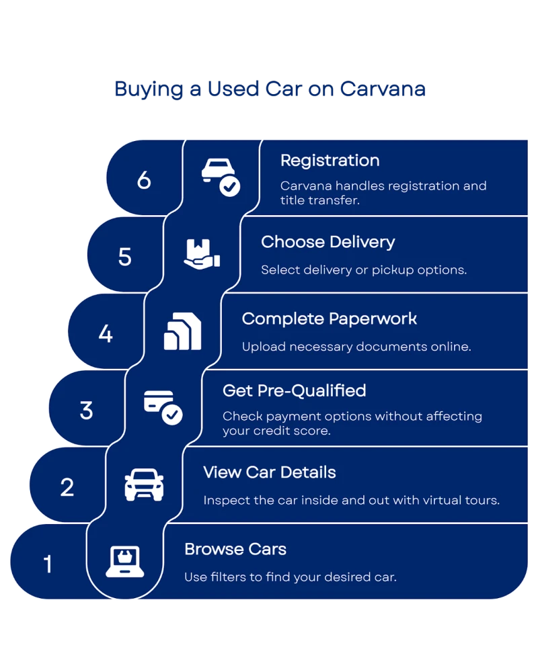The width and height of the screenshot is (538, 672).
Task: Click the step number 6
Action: [x=144, y=180]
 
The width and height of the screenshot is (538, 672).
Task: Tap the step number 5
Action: [x=125, y=257]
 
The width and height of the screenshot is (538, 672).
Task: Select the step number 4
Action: [x=106, y=333]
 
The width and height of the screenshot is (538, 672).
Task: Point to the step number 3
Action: [x=86, y=410]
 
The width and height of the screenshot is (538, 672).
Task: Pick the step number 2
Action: [x=67, y=487]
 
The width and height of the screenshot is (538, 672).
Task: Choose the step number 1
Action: [x=48, y=564]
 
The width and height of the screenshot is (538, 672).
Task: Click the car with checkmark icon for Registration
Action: [x=221, y=177]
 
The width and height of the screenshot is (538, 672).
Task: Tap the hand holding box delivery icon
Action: [x=202, y=254]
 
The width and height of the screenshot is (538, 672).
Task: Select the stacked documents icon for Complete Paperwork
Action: [x=182, y=332]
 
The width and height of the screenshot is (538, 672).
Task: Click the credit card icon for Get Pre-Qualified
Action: [x=163, y=407]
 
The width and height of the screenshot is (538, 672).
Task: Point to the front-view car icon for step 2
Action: [x=144, y=485]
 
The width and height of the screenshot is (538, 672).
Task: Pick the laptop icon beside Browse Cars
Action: [x=124, y=562]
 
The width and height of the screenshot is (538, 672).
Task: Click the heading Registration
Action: [x=330, y=161]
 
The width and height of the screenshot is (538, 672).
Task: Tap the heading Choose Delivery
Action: [x=328, y=242]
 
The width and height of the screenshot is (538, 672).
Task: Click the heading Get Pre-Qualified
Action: [x=294, y=390]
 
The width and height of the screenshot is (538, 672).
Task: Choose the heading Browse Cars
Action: [x=235, y=549]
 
